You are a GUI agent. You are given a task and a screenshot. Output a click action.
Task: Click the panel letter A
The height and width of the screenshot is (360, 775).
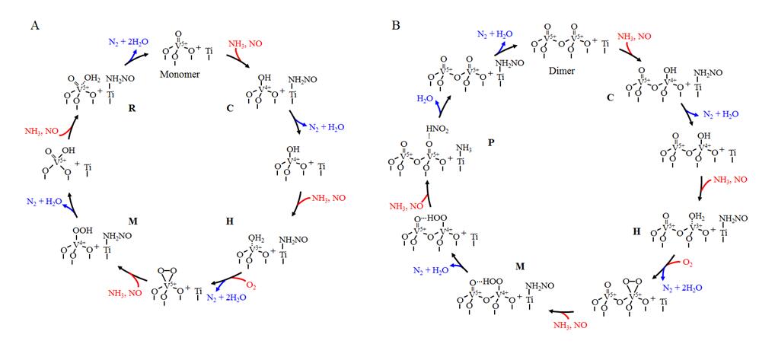click(35, 25)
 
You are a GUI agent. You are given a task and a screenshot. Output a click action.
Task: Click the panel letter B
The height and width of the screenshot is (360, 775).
click(396, 25)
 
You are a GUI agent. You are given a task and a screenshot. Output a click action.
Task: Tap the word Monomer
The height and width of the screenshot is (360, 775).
click(180, 75)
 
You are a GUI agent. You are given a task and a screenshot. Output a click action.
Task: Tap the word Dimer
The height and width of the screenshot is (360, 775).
click(562, 71)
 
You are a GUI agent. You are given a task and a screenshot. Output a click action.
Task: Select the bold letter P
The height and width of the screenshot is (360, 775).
click(490, 142)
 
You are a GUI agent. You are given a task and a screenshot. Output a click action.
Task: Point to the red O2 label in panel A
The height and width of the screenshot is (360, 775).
click(253, 286)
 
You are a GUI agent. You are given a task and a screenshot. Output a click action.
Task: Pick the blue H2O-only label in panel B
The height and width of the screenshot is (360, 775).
click(427, 99)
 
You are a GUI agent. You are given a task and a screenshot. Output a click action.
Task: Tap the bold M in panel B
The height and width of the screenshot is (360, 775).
click(519, 266)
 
